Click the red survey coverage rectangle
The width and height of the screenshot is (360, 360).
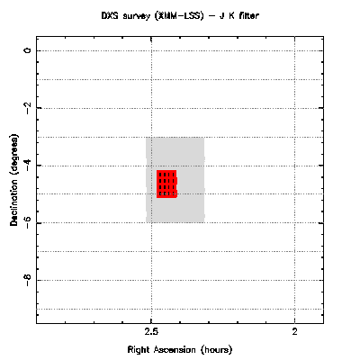point(166,184)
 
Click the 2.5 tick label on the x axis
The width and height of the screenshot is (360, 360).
point(151,331)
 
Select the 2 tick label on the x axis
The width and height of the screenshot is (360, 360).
point(295,331)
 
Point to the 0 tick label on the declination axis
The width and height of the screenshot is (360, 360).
point(28,50)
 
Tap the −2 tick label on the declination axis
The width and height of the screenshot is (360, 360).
point(28,107)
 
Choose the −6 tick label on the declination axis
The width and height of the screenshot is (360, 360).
point(28,221)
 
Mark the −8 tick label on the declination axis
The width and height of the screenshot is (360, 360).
point(28,279)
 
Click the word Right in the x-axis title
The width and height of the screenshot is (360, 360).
point(139,349)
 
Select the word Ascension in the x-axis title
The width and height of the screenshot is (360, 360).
point(175,349)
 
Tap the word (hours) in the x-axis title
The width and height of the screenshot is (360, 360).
point(217,350)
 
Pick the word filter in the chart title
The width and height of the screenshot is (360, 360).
point(249,15)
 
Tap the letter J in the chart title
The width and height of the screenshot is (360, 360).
point(222,15)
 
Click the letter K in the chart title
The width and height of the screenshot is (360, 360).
point(232,15)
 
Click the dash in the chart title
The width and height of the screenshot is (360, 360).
point(213,16)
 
